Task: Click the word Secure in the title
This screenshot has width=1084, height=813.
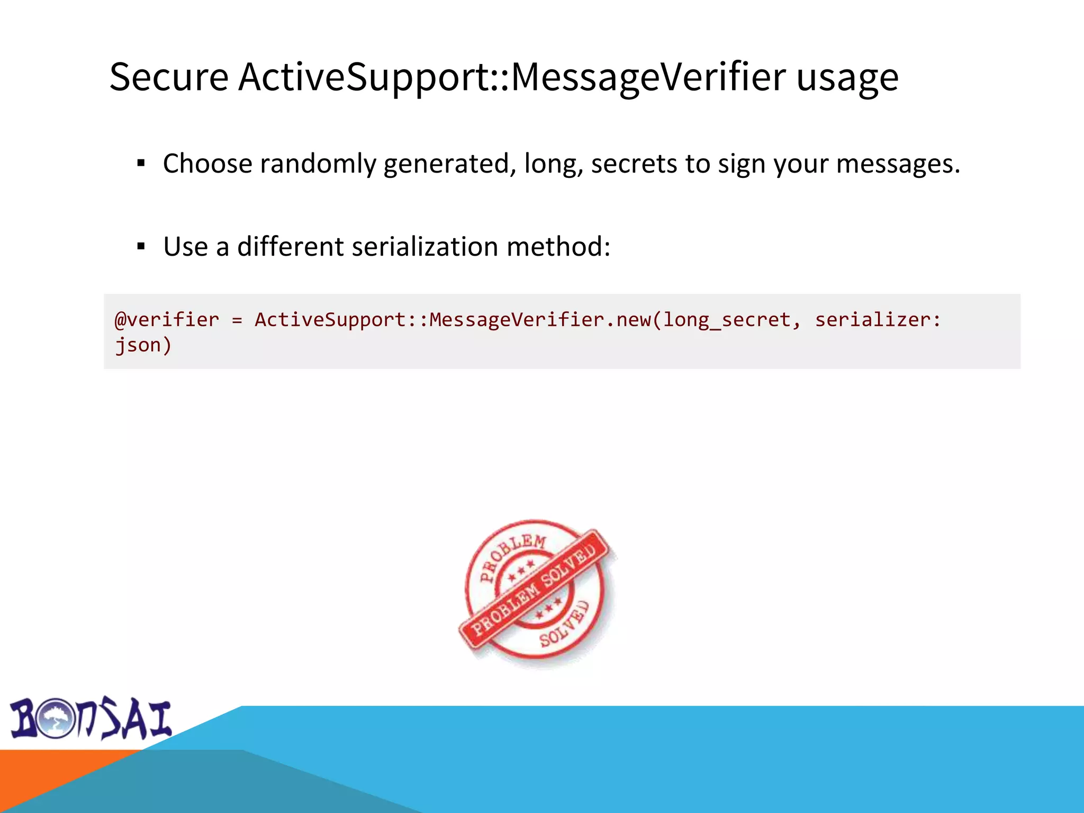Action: coord(168,77)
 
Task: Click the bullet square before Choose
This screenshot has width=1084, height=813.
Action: coord(141,163)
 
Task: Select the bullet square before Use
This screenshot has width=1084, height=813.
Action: coord(141,246)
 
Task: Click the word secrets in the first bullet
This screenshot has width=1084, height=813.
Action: coord(634,164)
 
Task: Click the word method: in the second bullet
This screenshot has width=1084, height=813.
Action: coord(558,247)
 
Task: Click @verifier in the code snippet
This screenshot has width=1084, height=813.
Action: coord(167,320)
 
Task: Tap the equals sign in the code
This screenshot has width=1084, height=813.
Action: coord(237,320)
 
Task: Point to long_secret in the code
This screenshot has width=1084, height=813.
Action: coord(727,320)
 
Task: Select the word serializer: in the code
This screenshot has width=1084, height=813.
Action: coord(878,320)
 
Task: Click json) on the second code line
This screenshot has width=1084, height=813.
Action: coord(143,345)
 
